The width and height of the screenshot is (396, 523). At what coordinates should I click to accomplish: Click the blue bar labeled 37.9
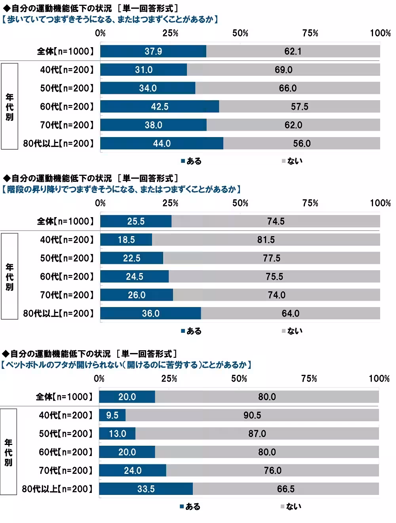pyautogui.click(x=153, y=51)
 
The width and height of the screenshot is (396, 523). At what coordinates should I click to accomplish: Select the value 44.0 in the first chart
pyautogui.click(x=162, y=143)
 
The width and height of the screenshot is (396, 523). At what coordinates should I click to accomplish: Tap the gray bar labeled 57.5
pyautogui.click(x=299, y=107)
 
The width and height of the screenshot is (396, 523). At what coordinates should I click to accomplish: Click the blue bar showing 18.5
pyautogui.click(x=126, y=240)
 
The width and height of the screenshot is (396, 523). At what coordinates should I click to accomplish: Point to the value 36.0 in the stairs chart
pyautogui.click(x=150, y=313)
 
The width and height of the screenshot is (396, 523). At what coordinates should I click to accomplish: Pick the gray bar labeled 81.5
pyautogui.click(x=266, y=240)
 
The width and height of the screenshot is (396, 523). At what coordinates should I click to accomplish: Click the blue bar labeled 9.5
pyautogui.click(x=112, y=415)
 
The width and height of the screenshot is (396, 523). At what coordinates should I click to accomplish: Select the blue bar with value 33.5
pyautogui.click(x=146, y=489)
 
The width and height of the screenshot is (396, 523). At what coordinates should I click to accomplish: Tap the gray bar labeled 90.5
pyautogui.click(x=252, y=415)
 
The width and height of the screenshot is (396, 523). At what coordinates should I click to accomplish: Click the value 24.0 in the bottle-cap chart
pyautogui.click(x=132, y=470)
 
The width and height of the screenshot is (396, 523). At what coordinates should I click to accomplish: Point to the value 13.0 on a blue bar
pyautogui.click(x=117, y=433)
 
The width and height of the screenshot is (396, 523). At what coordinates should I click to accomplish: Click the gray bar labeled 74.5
pyautogui.click(x=276, y=221)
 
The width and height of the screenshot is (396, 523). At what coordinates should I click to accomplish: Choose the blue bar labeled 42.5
pyautogui.click(x=160, y=107)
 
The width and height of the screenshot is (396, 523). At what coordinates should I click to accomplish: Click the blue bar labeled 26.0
pyautogui.click(x=137, y=295)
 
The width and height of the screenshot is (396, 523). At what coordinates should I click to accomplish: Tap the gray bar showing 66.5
pyautogui.click(x=286, y=489)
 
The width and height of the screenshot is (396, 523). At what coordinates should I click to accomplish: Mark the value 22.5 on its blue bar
pyautogui.click(x=131, y=258)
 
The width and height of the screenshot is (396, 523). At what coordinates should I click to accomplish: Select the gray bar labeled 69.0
pyautogui.click(x=284, y=70)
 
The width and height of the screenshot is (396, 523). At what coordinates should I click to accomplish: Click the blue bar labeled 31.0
pyautogui.click(x=143, y=70)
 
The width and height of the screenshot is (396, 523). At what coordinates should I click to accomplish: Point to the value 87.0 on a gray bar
pyautogui.click(x=257, y=433)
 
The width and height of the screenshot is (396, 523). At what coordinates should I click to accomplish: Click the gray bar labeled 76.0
pyautogui.click(x=272, y=470)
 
